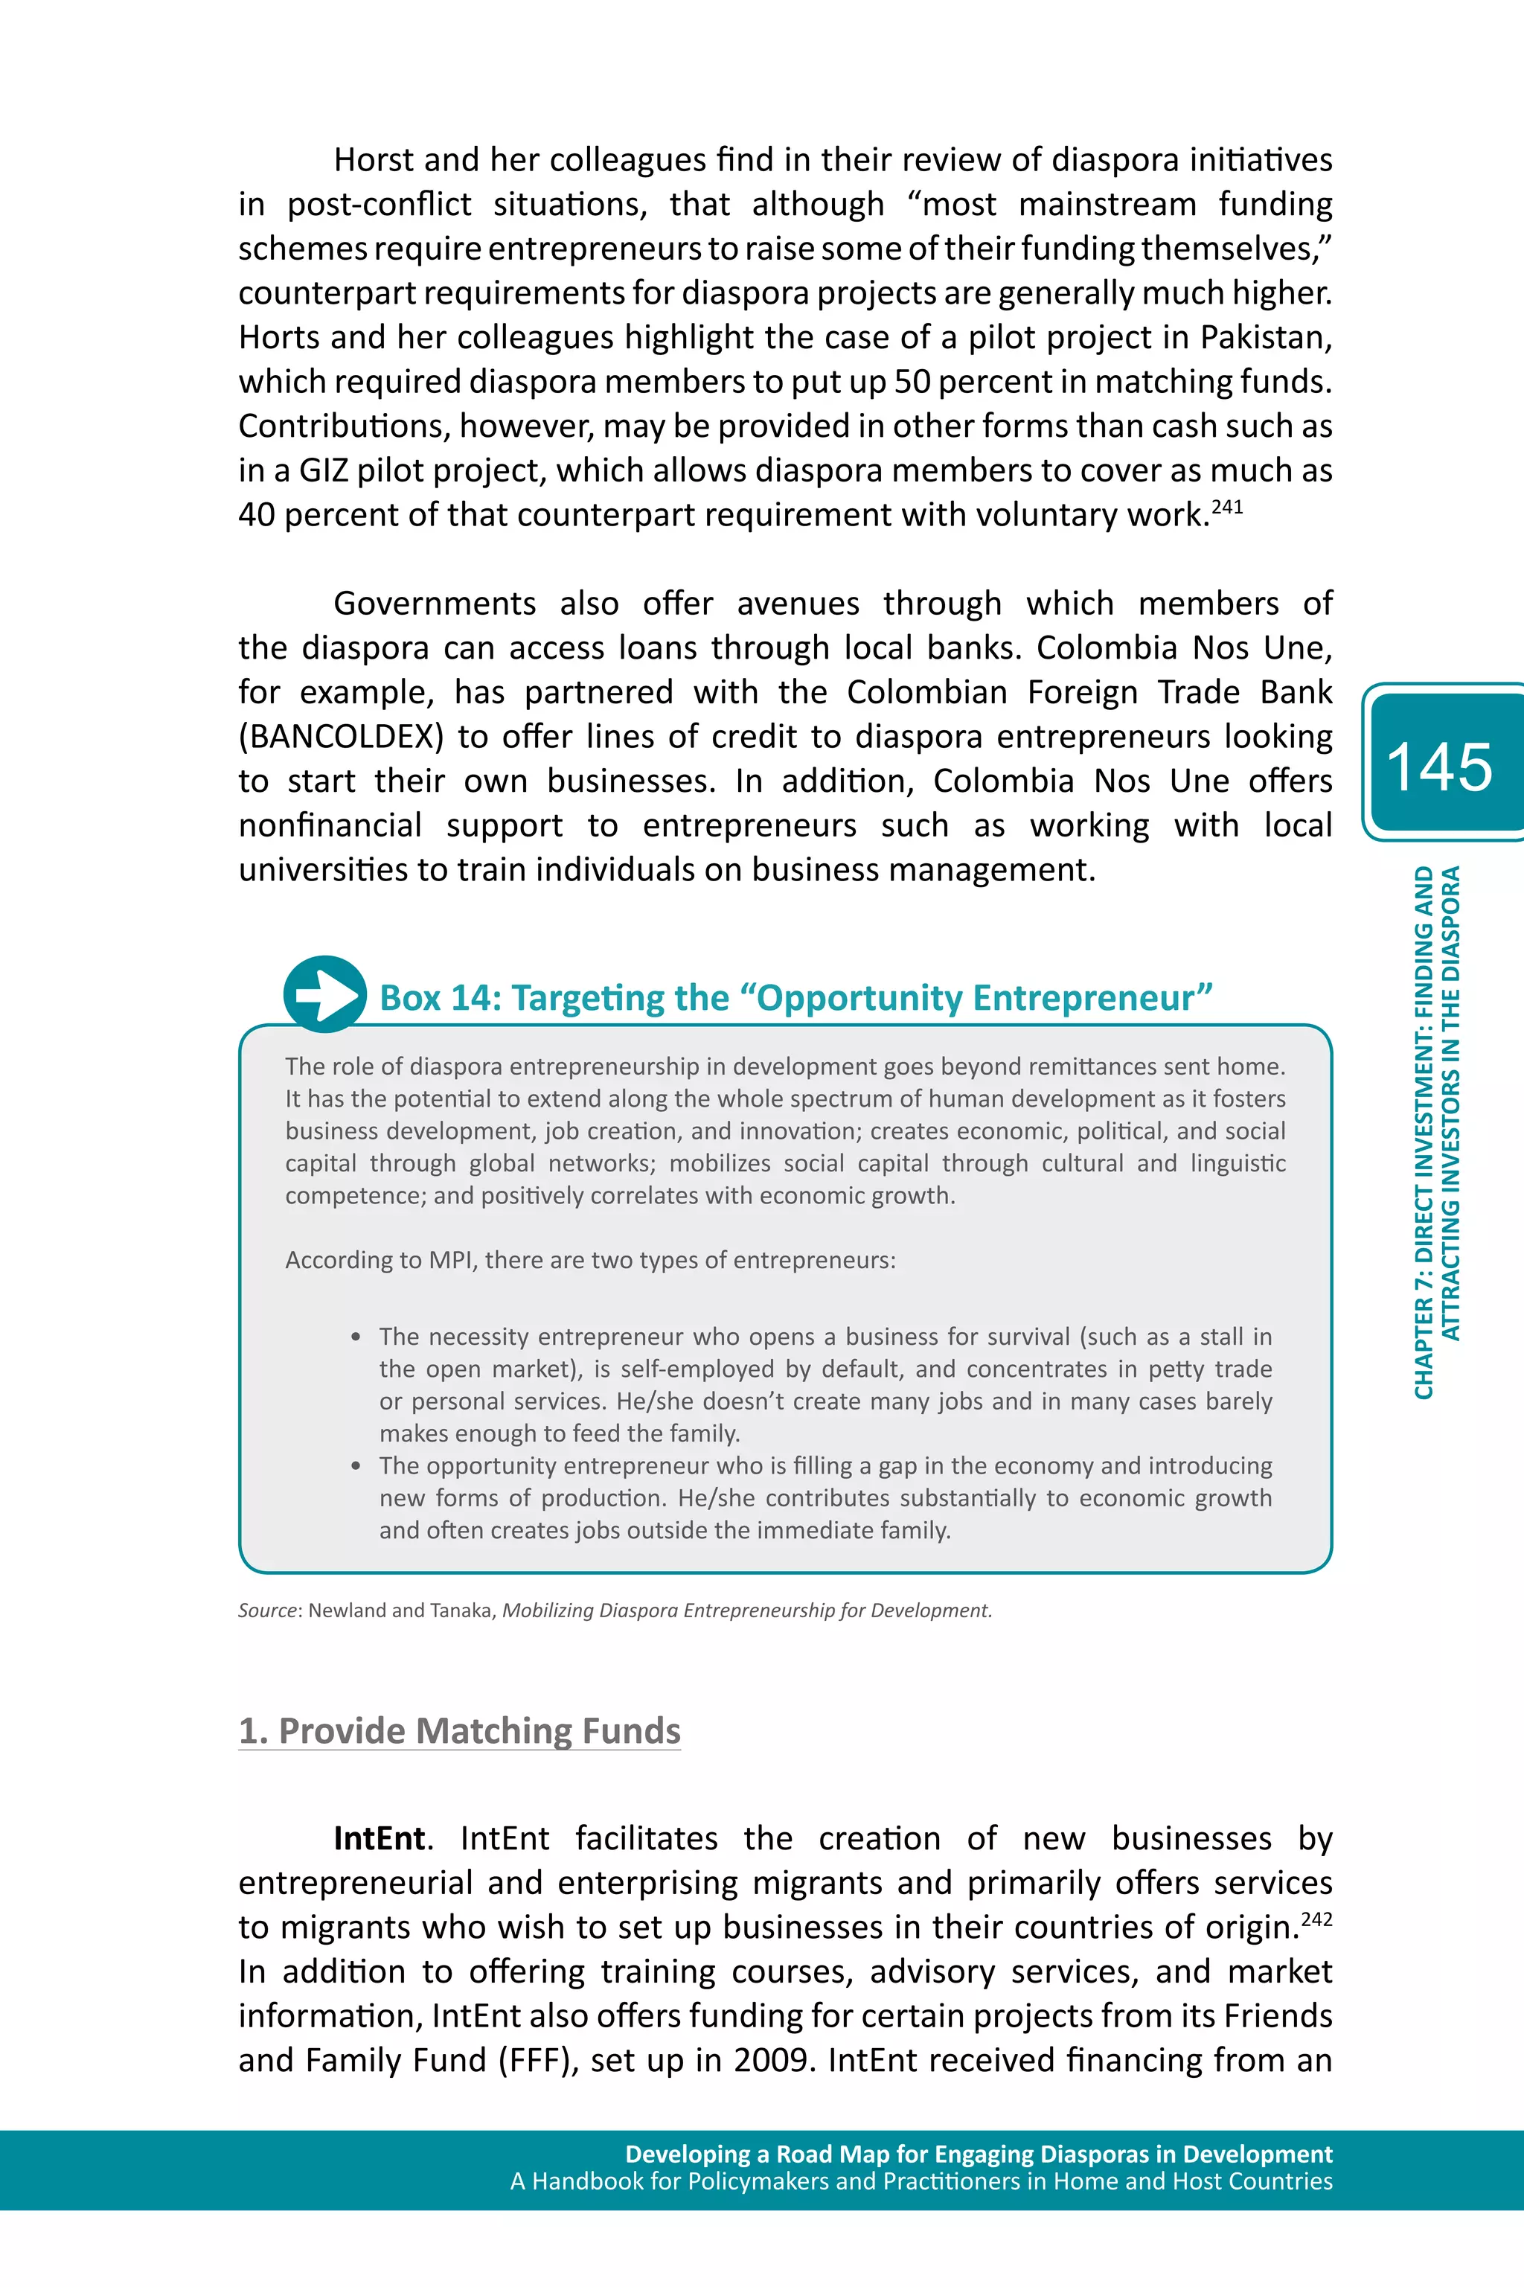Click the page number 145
tap(1438, 768)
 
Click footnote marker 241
tap(1226, 506)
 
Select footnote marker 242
tap(1317, 1919)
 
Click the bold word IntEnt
tap(379, 1838)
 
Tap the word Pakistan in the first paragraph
tap(1264, 337)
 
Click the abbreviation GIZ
tap(321, 470)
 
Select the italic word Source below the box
tap(267, 1611)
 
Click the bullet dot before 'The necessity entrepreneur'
tap(356, 1337)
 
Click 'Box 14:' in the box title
tap(439, 998)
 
